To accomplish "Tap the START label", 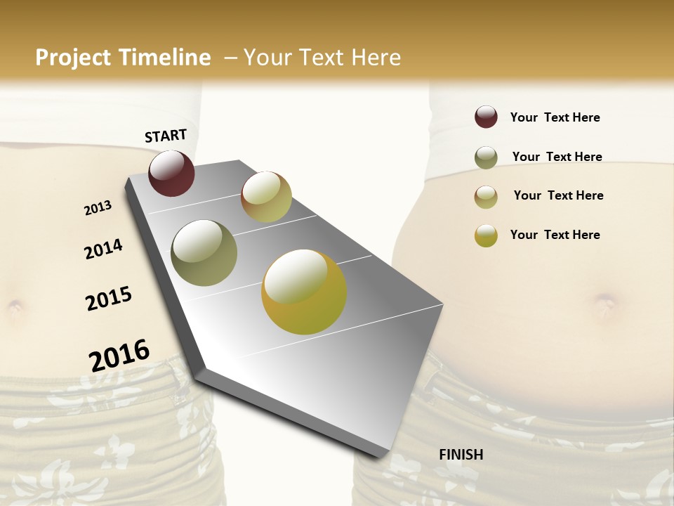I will point(166,136).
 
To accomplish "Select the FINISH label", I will point(461,455).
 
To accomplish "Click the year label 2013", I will point(98,208).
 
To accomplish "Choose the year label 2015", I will point(109,299).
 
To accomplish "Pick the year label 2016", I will point(119,355).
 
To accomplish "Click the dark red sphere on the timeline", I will point(171,173).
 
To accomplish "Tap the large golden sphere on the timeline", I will point(304,292).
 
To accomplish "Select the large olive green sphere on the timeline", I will point(204,253).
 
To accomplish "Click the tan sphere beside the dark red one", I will point(266,197).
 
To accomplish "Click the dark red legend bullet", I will point(486,117).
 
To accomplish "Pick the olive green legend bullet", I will point(486,157).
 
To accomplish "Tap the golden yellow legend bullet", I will point(486,235).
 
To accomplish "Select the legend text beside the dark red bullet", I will point(555,117).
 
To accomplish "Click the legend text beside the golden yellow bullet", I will point(555,235).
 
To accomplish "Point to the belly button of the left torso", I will point(15,307).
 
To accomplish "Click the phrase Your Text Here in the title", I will point(322,58).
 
